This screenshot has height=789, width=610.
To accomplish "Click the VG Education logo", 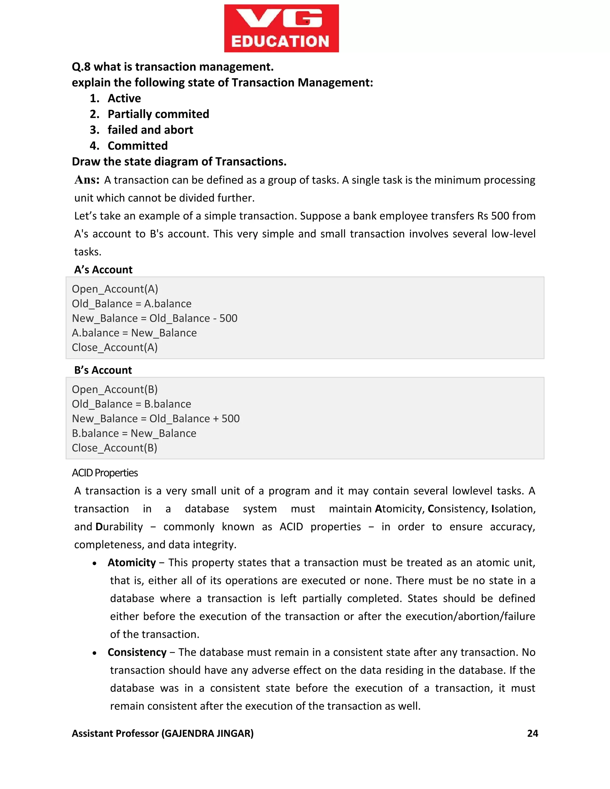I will coord(281,29).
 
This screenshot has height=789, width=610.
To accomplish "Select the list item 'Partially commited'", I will coord(158,114).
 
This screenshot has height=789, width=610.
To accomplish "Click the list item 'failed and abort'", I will coord(150,130).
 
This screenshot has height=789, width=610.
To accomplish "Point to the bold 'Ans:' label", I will coord(87,180).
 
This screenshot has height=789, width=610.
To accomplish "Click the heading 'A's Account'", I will coord(103,270).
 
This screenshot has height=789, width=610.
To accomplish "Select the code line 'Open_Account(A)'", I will coord(115,289).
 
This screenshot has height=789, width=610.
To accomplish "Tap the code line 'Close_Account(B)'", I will coord(115,448).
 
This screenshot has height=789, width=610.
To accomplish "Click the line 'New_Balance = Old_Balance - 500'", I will coord(155,318).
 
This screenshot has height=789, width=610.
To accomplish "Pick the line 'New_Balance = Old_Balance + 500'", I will coord(156,419).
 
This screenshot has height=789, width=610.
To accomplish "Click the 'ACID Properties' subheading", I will coord(105,473).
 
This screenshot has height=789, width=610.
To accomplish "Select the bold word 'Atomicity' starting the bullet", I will coord(132,562).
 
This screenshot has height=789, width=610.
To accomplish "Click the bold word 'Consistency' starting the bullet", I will coord(137,652).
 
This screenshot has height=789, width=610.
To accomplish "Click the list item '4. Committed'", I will coord(137,146).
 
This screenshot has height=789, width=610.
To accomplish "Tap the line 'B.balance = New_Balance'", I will coord(134,433).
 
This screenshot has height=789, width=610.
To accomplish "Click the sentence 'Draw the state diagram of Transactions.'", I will coord(179,161).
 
